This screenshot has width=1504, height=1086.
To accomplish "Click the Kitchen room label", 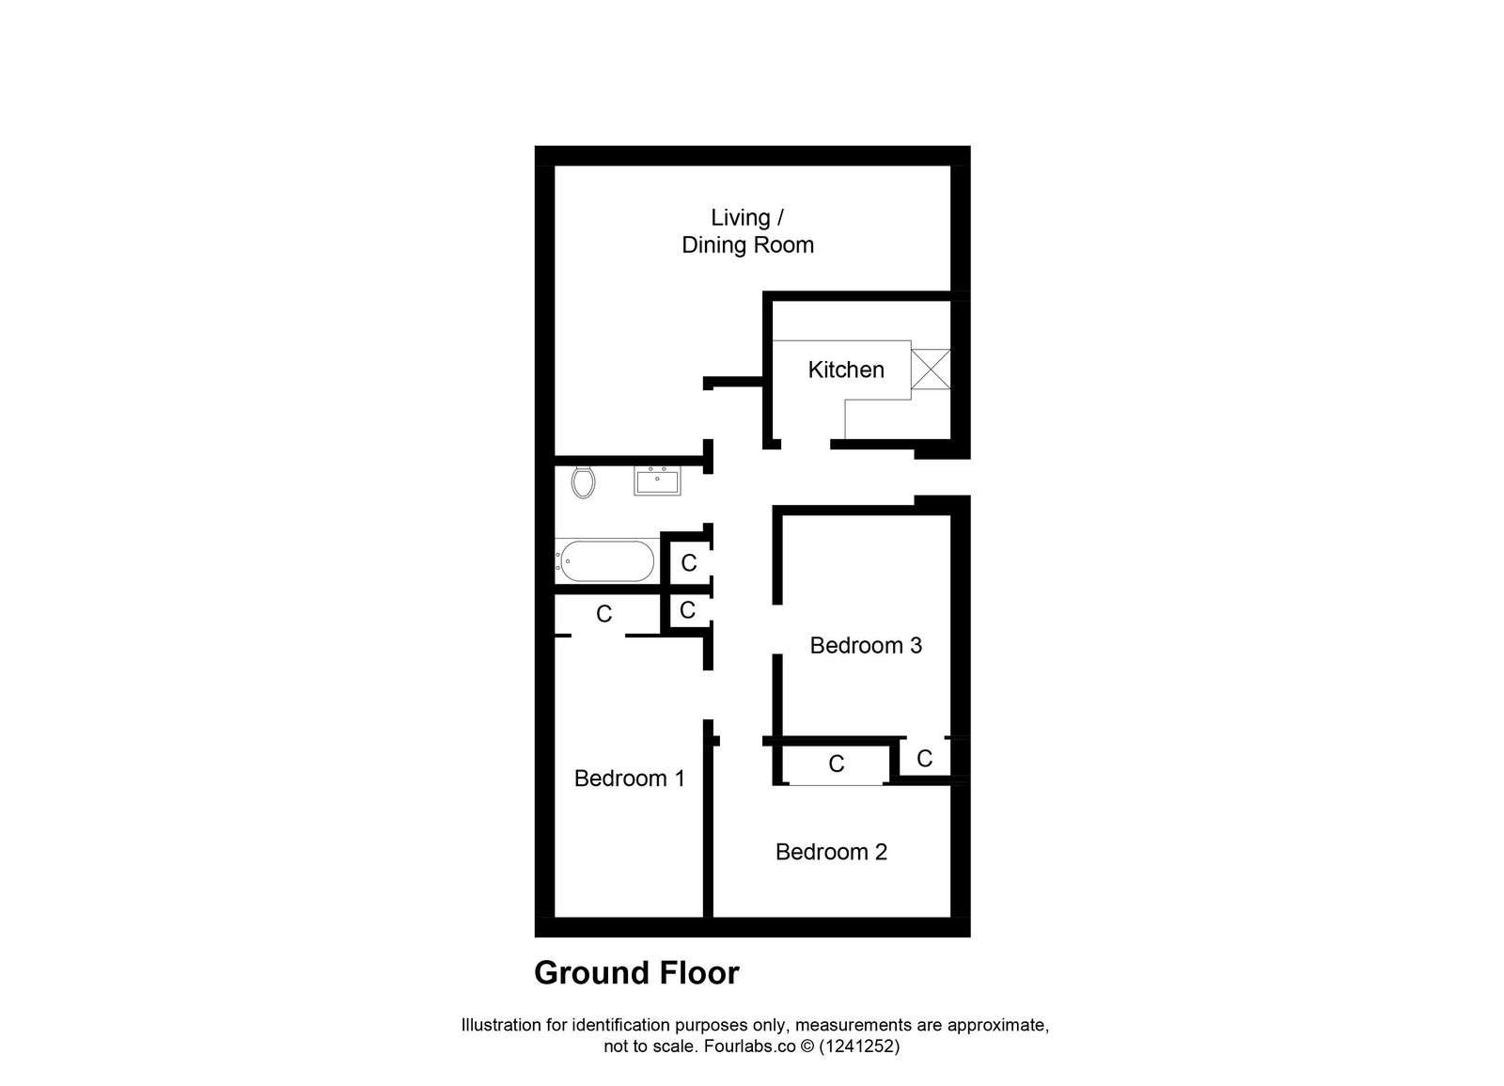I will (x=846, y=370).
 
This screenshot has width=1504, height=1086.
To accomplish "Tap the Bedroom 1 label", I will (x=629, y=779).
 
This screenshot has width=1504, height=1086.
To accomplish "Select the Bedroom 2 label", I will (x=831, y=852).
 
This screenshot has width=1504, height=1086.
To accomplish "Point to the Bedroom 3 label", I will (x=866, y=645).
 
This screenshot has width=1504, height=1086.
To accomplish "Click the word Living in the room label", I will (x=740, y=218).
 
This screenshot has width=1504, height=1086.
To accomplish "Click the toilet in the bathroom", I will (x=583, y=482).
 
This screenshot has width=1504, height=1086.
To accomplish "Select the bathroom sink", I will (x=657, y=480).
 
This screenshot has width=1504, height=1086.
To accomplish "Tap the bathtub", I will (x=604, y=561).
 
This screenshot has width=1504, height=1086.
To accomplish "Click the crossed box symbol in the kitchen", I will (x=931, y=369).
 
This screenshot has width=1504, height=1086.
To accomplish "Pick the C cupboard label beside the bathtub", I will (x=689, y=563).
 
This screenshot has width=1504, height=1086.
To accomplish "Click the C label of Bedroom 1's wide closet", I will (x=604, y=614).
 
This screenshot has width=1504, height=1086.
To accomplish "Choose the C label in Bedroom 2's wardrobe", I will (x=837, y=764).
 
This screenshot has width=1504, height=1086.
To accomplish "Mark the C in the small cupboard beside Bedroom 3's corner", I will (x=924, y=759).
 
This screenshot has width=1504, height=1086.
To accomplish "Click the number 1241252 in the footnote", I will (x=859, y=1046).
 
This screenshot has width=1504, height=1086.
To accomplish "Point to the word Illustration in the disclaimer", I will (x=501, y=1025).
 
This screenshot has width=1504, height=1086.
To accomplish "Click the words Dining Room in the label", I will (x=747, y=245).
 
